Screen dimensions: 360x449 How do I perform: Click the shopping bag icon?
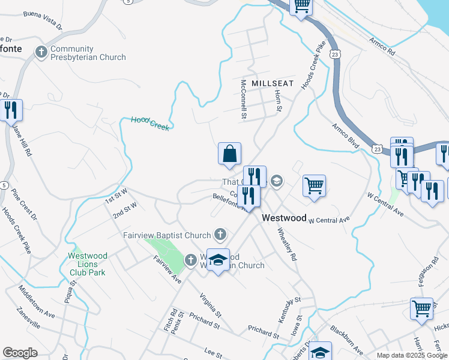[229, 154]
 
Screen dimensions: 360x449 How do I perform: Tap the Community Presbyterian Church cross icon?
[41, 52]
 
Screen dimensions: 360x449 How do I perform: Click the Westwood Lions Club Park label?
[87, 264]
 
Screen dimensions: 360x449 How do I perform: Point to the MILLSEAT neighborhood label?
[273, 83]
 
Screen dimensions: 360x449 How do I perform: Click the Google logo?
[20, 353]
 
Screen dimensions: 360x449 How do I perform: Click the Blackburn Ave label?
[345, 340]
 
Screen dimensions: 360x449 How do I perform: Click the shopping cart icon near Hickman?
[422, 308]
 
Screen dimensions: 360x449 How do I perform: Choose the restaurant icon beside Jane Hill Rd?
[11, 110]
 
